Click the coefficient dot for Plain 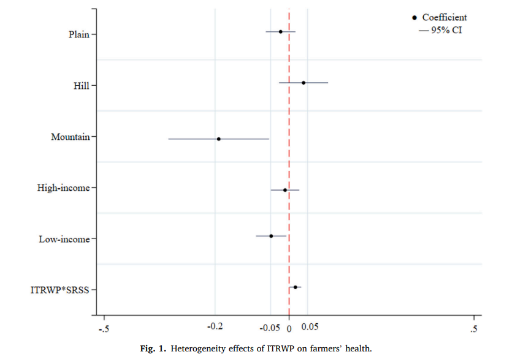(x=281, y=31)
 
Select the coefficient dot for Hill (x=303, y=83)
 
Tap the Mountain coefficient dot (x=219, y=139)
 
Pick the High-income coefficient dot (x=285, y=190)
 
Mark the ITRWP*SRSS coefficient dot (x=296, y=287)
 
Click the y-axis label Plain (x=79, y=34)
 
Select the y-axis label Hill (x=82, y=86)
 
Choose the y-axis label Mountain (x=71, y=137)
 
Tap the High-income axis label (x=64, y=188)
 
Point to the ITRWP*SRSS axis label (x=60, y=289)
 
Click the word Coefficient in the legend (x=445, y=18)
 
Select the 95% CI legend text (x=445, y=30)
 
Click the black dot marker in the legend (x=415, y=18)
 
